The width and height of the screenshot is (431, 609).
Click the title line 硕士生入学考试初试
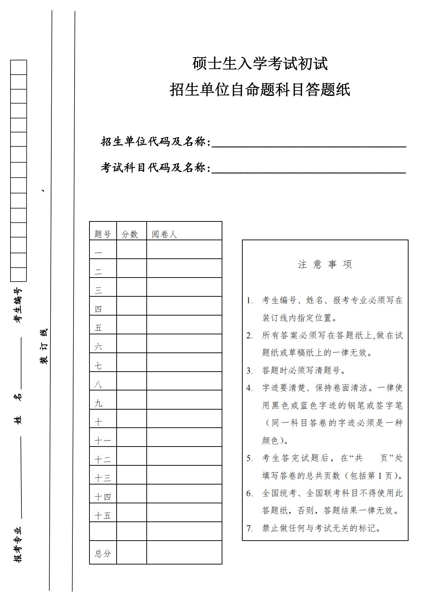pyautogui.click(x=260, y=64)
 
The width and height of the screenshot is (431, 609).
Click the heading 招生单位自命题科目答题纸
pyautogui.click(x=260, y=90)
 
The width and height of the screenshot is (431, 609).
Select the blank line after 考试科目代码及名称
pyautogui.click(x=309, y=170)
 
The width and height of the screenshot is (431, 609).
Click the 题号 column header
pyautogui.click(x=102, y=234)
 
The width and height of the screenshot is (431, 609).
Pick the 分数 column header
pyautogui.click(x=130, y=234)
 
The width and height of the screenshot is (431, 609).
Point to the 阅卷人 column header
pyautogui.click(x=164, y=234)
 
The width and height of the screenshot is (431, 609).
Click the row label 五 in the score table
pyautogui.click(x=99, y=328)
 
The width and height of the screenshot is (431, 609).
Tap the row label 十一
pyautogui.click(x=102, y=441)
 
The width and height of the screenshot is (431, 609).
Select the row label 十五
pyautogui.click(x=102, y=516)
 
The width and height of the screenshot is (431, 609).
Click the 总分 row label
pyautogui.click(x=102, y=553)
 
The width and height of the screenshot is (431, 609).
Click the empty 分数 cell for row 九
pyautogui.click(x=131, y=400)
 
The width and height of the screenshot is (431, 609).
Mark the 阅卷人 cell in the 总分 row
pyautogui.click(x=184, y=552)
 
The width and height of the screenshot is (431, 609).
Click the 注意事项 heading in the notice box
pyautogui.click(x=325, y=265)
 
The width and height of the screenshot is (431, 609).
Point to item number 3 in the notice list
pyautogui.click(x=250, y=371)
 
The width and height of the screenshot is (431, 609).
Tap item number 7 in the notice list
pyautogui.click(x=250, y=528)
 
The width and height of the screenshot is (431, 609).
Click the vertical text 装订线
pyautogui.click(x=44, y=346)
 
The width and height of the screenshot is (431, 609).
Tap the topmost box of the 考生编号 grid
pyautogui.click(x=18, y=67)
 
